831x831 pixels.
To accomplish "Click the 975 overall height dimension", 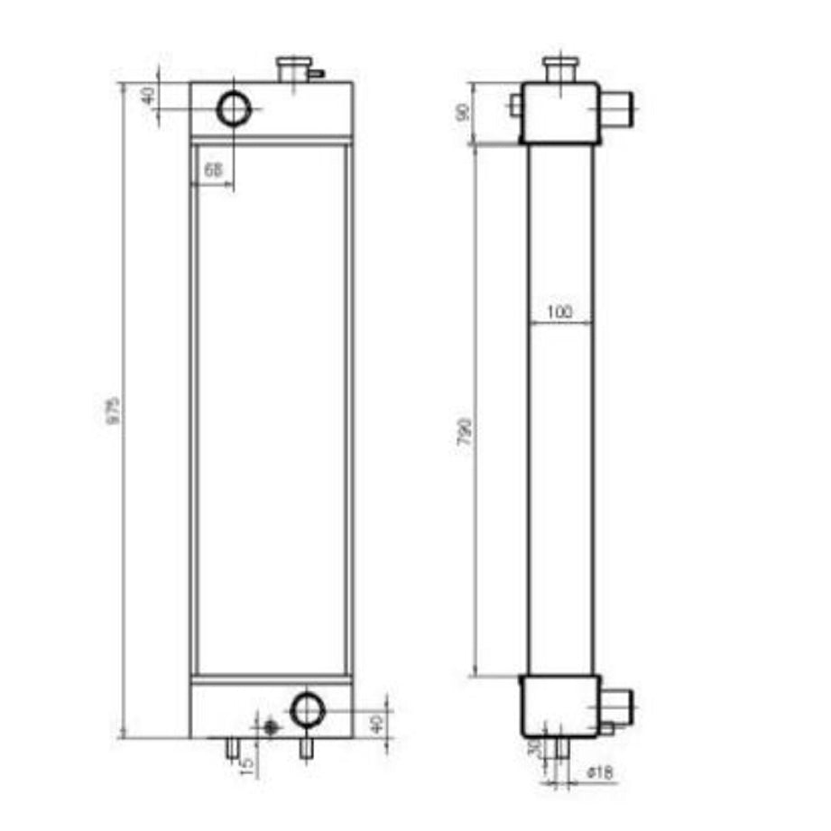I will click(x=114, y=411).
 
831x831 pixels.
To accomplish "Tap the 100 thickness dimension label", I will click(x=559, y=312).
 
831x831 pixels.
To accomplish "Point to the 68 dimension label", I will click(x=213, y=169).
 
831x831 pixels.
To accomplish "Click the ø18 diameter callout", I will click(x=600, y=773).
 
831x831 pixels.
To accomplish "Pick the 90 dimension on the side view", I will click(x=465, y=114).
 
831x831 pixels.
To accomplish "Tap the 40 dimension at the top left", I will click(x=149, y=95).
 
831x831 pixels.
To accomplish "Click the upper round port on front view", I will click(x=234, y=110).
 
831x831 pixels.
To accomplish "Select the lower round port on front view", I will click(x=308, y=710).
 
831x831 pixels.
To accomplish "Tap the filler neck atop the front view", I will click(x=292, y=69).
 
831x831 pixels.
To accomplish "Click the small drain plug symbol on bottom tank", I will click(x=268, y=727).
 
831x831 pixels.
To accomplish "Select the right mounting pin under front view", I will click(x=307, y=748).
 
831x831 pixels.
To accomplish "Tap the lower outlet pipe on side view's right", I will click(x=618, y=704).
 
